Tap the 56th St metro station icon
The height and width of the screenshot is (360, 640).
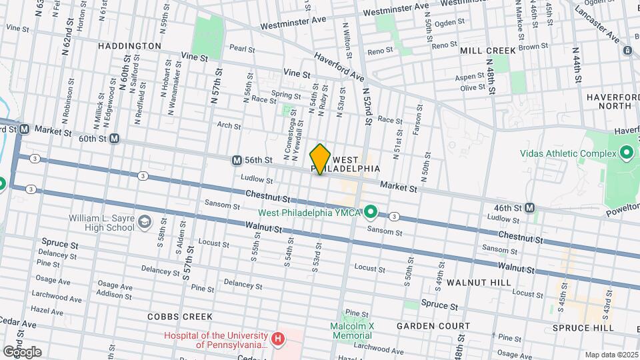coord(237,160)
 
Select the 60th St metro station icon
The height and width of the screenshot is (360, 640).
coord(114,139)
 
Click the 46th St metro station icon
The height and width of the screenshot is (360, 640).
coord(529,207)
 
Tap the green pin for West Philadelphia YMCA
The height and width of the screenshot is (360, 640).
coord(371,213)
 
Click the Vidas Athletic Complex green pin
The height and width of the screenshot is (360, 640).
coord(626,154)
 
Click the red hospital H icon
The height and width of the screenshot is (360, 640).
coord(279,339)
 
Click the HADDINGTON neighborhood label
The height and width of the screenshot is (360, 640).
coord(129,46)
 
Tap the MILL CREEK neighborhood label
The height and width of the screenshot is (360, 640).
coord(488,51)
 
